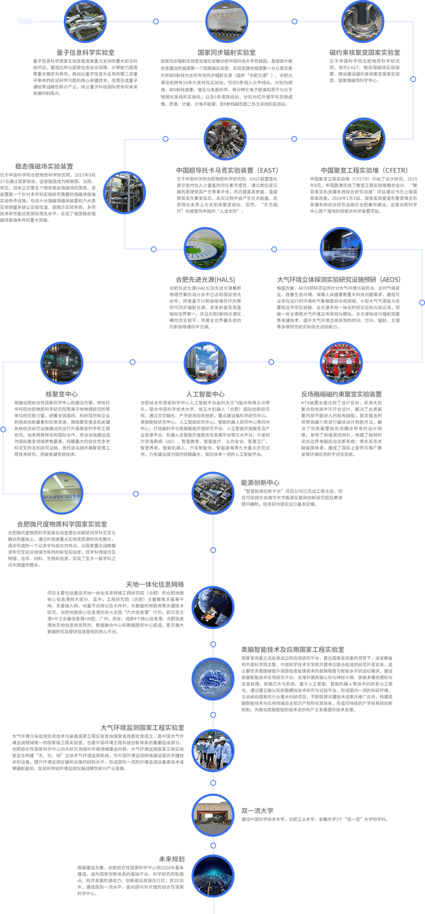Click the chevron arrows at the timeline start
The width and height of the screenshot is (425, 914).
coord(25,21)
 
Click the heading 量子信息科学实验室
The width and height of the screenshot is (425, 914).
coord(85,52)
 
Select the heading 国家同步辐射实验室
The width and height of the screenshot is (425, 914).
coord(226,52)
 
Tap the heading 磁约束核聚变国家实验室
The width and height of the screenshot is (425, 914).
coord(364,52)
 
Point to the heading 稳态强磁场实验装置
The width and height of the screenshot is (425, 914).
coord(44,166)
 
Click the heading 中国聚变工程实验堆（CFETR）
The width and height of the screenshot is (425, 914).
coord(364,170)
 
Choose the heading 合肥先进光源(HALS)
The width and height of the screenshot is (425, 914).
coord(205,279)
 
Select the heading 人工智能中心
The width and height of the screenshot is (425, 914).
coord(205,394)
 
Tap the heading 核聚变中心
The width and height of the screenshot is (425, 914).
coord(62,394)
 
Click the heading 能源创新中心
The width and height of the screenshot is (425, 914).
coord(260,483)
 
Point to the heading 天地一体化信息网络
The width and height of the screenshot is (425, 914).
coord(155,585)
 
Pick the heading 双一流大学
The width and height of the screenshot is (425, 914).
coord(257,810)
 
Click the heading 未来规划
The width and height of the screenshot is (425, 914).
coord(172,859)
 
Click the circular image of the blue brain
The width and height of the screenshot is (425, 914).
coord(213,679)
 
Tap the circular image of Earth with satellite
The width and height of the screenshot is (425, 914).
coord(213,607)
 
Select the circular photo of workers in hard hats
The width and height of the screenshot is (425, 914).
coord(213,750)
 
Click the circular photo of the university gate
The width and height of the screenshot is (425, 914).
coord(213,815)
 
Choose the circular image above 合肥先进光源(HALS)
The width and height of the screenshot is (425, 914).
coord(205,249)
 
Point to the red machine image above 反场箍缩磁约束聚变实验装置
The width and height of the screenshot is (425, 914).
coord(341,363)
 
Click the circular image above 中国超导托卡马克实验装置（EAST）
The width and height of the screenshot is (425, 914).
coord(225,139)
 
